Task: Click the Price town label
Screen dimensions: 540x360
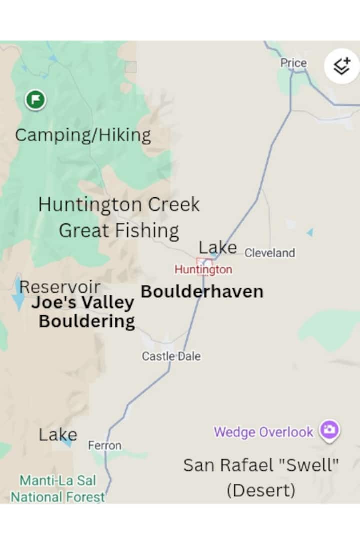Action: (293, 63)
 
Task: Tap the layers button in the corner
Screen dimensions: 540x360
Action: (342, 66)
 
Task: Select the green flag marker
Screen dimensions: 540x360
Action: (36, 100)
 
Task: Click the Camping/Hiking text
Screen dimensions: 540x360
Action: (83, 135)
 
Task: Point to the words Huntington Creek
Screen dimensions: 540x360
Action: (119, 204)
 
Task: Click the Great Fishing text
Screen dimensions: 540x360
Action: (119, 231)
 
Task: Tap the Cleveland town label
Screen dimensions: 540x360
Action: (270, 253)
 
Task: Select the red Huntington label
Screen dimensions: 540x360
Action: (203, 270)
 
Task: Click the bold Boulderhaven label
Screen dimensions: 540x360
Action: (202, 292)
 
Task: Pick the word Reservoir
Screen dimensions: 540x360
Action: (60, 287)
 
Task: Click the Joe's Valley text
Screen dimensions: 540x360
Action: (83, 303)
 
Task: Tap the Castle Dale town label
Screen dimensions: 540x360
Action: (171, 356)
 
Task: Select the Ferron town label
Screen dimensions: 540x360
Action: (105, 445)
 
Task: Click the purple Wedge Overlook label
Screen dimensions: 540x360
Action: (263, 432)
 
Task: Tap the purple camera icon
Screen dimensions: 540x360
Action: (329, 430)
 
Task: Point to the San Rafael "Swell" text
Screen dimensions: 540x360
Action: (261, 465)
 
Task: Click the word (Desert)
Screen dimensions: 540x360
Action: (261, 490)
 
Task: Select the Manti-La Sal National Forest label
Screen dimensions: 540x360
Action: (58, 489)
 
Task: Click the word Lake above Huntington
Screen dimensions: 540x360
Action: (218, 247)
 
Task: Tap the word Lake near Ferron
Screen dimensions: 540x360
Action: (58, 435)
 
